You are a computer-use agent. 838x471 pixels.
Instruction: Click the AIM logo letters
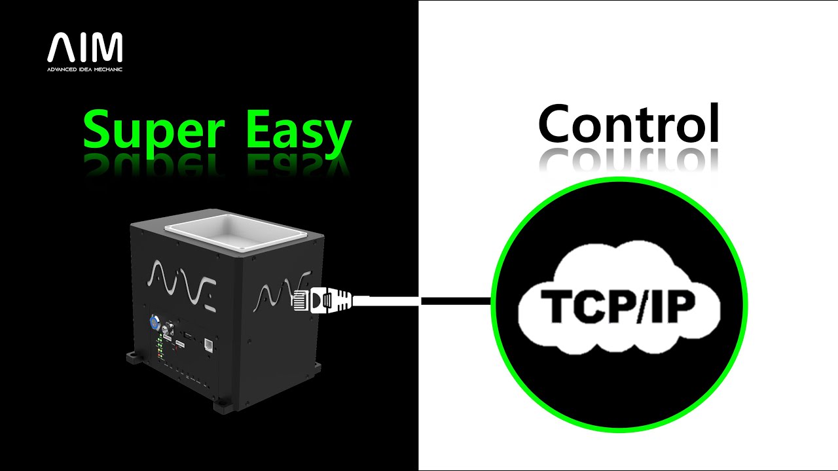(x=85, y=47)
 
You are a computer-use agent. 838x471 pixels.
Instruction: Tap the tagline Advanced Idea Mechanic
(x=84, y=69)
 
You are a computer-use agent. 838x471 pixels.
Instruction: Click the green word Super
(x=154, y=131)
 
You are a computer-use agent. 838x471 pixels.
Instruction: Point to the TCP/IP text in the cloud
(x=618, y=307)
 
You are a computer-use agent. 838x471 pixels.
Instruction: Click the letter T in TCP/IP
(x=557, y=307)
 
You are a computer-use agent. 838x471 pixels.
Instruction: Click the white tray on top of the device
(x=236, y=232)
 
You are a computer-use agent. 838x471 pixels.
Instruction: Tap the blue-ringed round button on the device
(x=154, y=321)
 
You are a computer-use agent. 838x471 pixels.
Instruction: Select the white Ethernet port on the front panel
(x=208, y=344)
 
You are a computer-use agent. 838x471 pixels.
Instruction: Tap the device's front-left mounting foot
(x=133, y=357)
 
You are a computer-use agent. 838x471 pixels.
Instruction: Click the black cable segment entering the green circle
(x=456, y=301)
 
